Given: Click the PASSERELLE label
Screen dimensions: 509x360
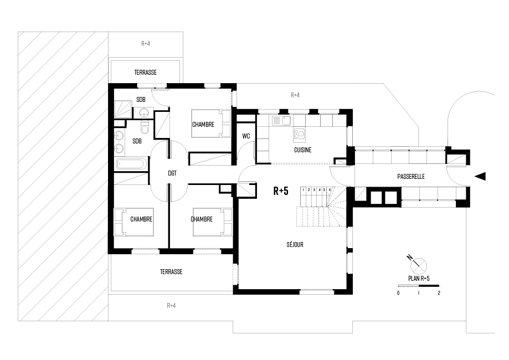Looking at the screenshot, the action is coord(410,177).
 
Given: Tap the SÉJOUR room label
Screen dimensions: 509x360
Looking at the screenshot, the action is coord(295,244).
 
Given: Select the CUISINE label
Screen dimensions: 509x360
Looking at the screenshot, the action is coord(302,150).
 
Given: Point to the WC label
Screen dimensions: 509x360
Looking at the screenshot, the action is coord(246,136).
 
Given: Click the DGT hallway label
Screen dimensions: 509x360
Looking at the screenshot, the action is coord(172,173).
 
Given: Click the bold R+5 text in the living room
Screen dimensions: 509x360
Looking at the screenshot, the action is coord(281,191).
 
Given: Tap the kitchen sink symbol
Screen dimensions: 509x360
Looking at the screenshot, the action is coord(281,121).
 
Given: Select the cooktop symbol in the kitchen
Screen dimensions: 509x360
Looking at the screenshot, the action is coord(299,133).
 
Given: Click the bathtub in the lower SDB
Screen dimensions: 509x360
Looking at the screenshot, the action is coord(131,163).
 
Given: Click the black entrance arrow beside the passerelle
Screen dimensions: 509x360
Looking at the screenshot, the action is coord(480,176).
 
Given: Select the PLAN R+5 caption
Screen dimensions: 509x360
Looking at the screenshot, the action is coord(419,279).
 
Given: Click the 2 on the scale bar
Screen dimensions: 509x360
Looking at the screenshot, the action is coord(439,293).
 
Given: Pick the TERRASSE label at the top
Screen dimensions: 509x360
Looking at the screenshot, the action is coord(146,73).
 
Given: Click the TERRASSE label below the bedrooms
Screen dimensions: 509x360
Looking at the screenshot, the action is coord(171,272).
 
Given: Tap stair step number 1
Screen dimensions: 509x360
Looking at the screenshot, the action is coord(303,190).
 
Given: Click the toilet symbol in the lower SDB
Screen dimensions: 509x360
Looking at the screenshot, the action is coord(145,127).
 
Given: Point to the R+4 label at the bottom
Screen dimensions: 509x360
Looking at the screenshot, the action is coord(171,306).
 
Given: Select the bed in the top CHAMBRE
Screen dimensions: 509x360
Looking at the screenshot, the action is coord(210,124).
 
